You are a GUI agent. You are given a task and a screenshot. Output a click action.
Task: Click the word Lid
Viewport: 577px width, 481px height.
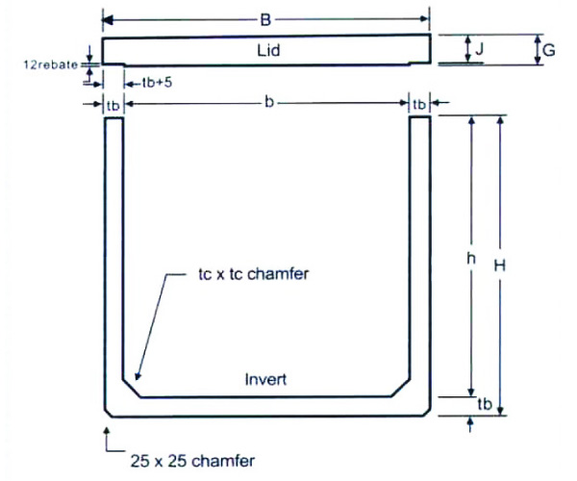(268, 50)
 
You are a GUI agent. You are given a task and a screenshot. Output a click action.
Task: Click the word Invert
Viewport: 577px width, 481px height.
(266, 380)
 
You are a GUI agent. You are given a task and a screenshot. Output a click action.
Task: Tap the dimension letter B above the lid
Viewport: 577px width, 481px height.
(265, 17)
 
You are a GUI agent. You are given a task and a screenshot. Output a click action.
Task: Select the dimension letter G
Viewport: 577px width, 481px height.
(549, 50)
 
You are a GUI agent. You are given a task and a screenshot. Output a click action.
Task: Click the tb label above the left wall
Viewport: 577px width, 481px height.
(113, 103)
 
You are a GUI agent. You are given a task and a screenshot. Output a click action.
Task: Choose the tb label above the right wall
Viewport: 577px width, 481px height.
(419, 103)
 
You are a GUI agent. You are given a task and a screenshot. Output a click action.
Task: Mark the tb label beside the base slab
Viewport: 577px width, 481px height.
(484, 407)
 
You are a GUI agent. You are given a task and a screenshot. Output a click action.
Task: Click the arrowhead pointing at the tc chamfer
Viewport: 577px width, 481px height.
(138, 376)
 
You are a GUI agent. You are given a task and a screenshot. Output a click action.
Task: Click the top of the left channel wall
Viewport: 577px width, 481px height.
(113, 118)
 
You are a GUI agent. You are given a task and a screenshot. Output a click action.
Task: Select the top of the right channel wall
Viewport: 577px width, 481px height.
(419, 118)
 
